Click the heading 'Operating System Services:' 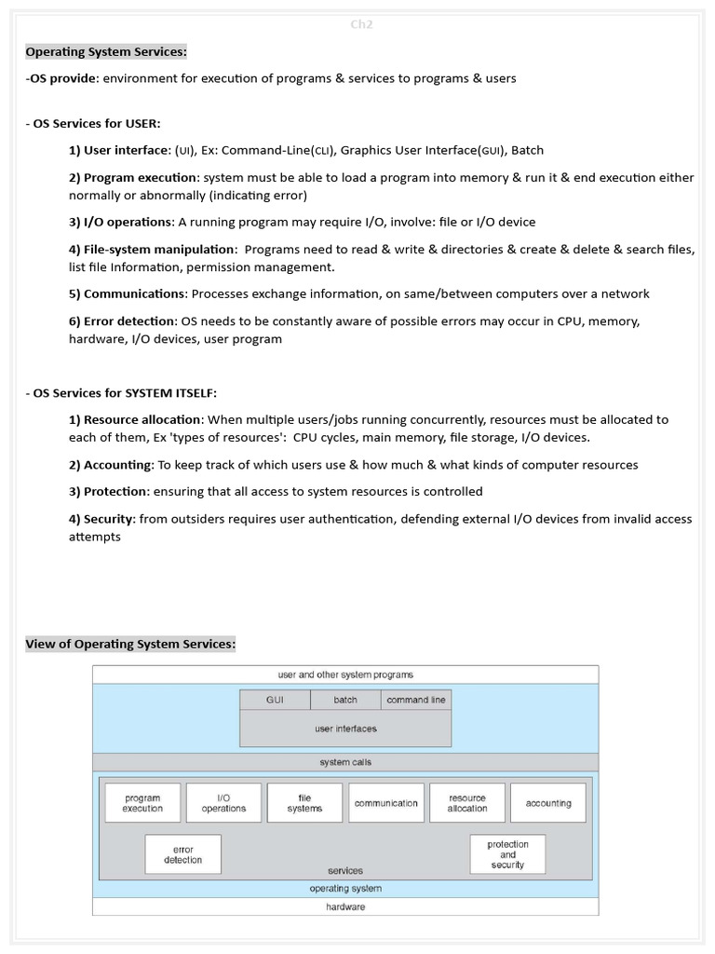(106, 51)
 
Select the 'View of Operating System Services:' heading (130, 644)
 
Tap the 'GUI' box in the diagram (275, 700)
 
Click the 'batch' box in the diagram (345, 700)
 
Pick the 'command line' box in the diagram (416, 700)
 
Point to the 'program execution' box (142, 803)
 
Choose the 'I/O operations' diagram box (223, 803)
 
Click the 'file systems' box (304, 803)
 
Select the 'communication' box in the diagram (385, 803)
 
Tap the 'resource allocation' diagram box (467, 803)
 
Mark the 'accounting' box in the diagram (548, 803)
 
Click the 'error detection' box (182, 854)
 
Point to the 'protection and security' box (507, 854)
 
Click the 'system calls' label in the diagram (345, 762)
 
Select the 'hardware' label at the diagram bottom (345, 906)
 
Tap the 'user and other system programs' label (345, 675)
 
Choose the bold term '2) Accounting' (111, 465)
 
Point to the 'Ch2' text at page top (360, 24)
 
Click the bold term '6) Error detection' (122, 320)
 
